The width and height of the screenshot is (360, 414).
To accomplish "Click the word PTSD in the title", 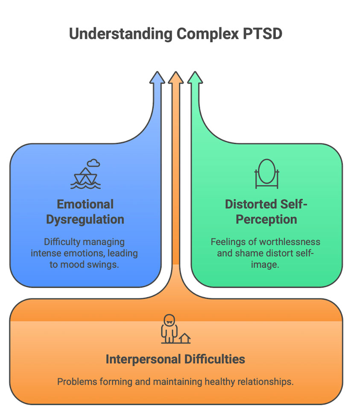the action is (262, 34).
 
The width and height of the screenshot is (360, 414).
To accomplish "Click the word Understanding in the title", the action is (121, 34).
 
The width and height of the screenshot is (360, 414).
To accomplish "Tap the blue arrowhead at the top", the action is (157, 77).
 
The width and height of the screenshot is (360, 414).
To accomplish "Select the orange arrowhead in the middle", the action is (176, 77).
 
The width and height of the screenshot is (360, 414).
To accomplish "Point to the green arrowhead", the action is (195, 77).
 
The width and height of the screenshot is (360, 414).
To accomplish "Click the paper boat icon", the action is (85, 178).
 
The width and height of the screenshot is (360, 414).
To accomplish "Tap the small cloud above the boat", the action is (94, 163).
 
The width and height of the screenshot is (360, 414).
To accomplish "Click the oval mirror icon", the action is (267, 173).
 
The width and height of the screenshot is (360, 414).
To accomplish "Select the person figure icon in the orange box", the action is (169, 329).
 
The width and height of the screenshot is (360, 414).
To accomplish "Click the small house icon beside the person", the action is (184, 338).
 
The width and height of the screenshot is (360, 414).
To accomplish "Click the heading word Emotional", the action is (85, 204).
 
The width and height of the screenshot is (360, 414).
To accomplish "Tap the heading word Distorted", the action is (251, 204).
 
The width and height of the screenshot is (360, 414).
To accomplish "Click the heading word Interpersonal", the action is (143, 359).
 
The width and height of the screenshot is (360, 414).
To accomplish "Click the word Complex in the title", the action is (208, 34).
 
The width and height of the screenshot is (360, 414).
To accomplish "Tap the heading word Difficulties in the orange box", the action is (215, 359).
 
